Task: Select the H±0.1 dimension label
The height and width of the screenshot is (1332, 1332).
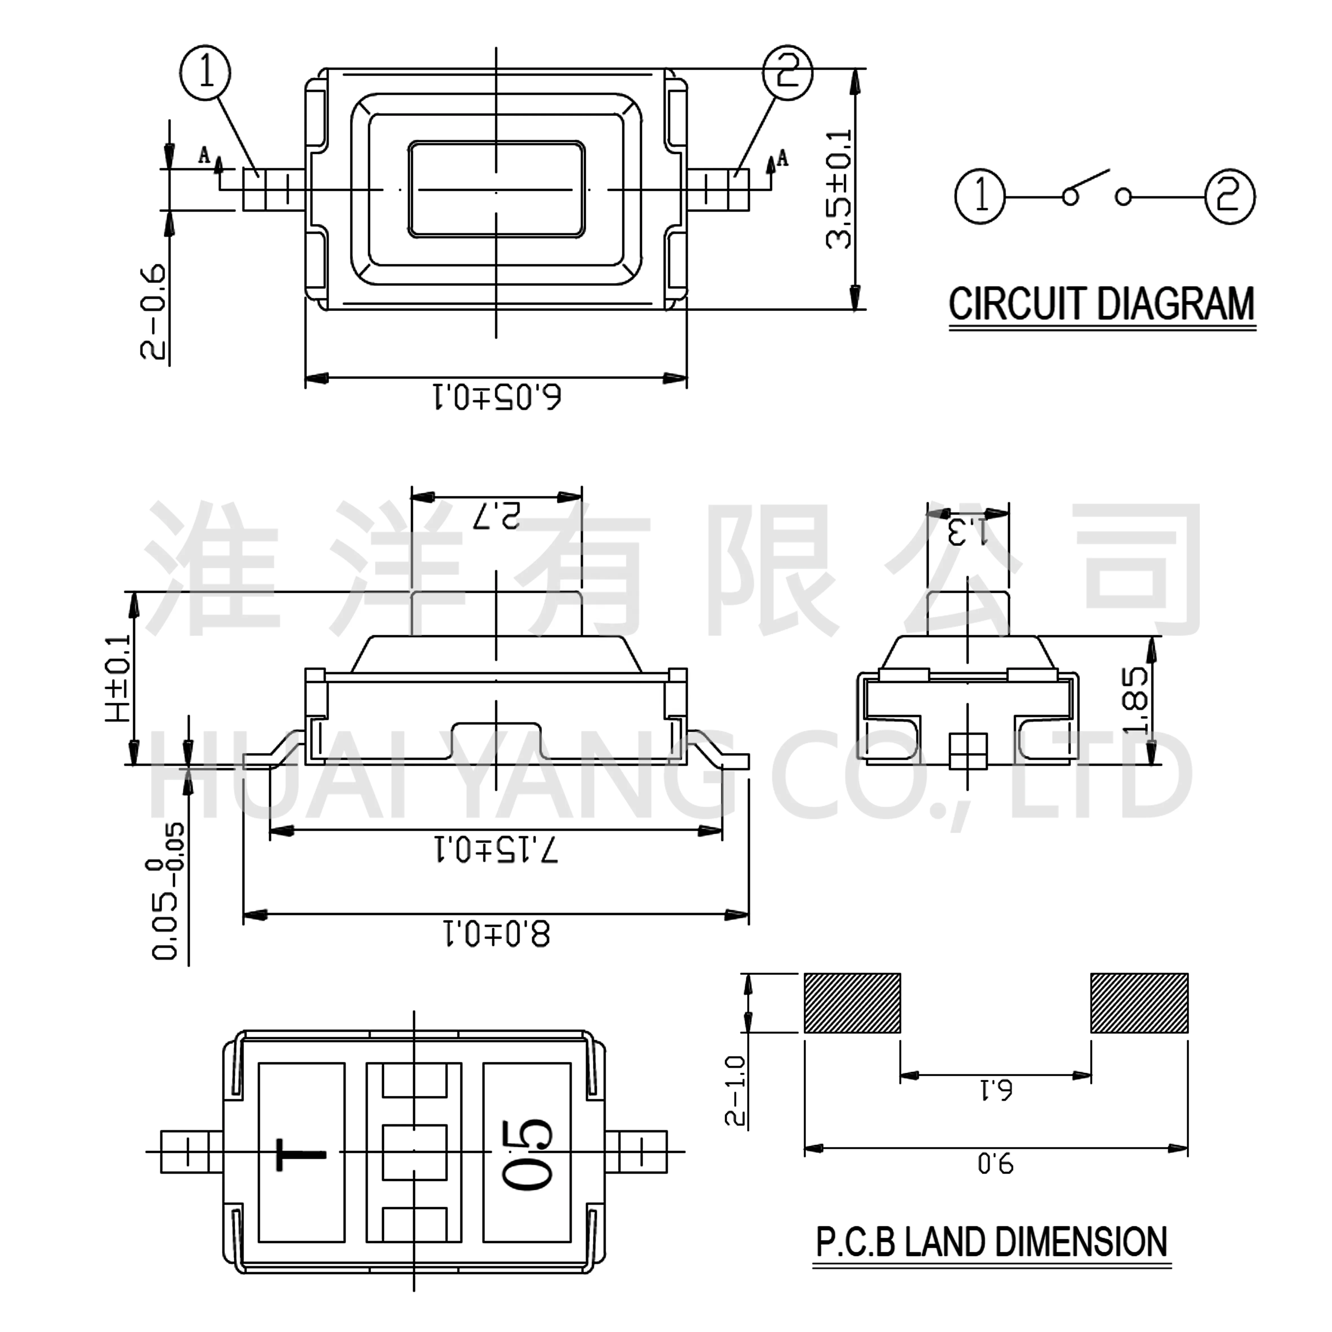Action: click(119, 679)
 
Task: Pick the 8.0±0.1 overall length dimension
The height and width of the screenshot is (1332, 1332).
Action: click(496, 935)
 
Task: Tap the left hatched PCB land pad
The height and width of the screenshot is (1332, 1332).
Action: click(852, 1003)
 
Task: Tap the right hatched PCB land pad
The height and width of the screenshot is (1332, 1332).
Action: click(1139, 1003)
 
